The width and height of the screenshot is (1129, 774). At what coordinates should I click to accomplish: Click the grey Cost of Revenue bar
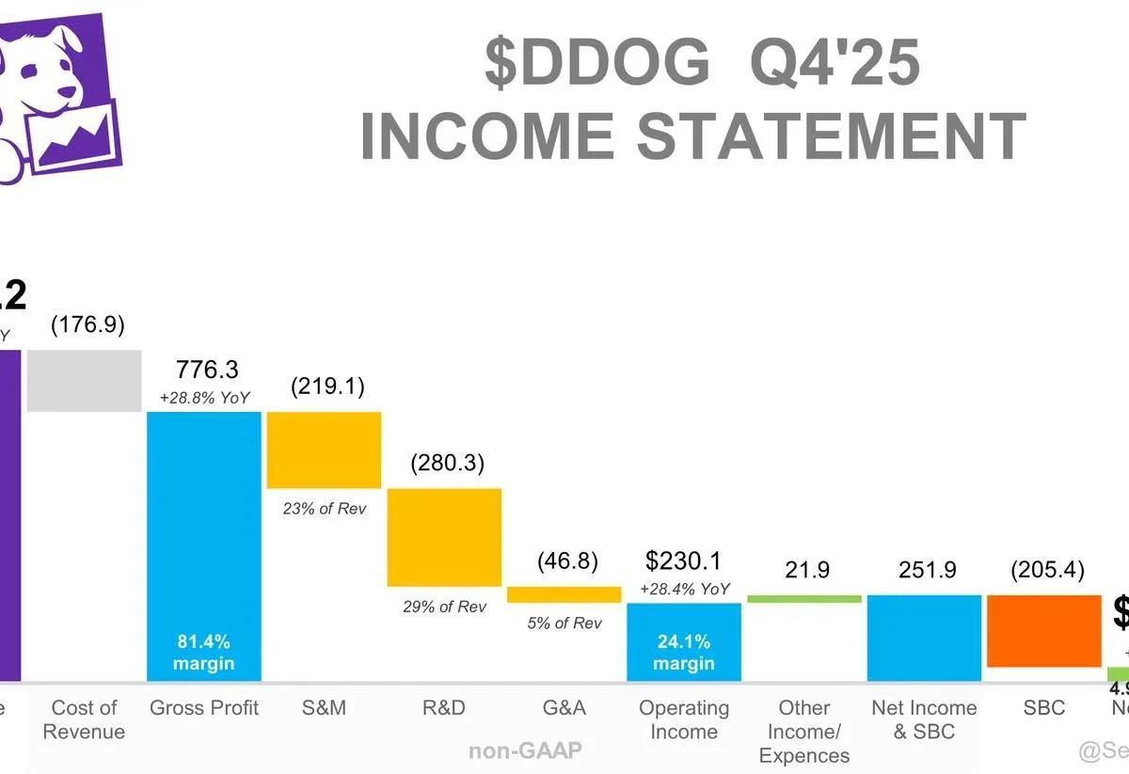pyautogui.click(x=84, y=381)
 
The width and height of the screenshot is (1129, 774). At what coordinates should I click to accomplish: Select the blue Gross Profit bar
pyautogui.click(x=204, y=545)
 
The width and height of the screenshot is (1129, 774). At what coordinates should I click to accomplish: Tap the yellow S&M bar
pyautogui.click(x=325, y=450)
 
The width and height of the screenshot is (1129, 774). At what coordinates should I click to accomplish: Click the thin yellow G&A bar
pyautogui.click(x=564, y=594)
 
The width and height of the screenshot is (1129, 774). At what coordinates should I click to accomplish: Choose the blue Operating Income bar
pyautogui.click(x=684, y=641)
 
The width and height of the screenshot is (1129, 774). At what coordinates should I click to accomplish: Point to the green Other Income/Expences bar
pyautogui.click(x=804, y=599)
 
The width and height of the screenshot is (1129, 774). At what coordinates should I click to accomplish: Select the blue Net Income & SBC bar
pyautogui.click(x=924, y=638)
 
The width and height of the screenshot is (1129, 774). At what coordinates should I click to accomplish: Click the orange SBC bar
pyautogui.click(x=1044, y=631)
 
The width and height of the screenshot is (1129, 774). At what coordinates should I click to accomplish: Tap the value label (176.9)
pyautogui.click(x=87, y=325)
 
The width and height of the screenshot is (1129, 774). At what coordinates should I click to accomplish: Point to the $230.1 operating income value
pyautogui.click(x=684, y=561)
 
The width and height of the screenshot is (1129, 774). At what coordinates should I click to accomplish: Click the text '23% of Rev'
pyautogui.click(x=325, y=509)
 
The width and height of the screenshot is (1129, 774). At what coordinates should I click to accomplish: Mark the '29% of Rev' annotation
pyautogui.click(x=445, y=607)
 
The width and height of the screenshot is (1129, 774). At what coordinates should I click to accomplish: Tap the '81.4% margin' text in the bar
pyautogui.click(x=204, y=653)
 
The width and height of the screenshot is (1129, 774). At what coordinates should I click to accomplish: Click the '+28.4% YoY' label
pyautogui.click(x=684, y=589)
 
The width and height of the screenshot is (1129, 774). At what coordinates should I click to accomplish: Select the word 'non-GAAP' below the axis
pyautogui.click(x=525, y=750)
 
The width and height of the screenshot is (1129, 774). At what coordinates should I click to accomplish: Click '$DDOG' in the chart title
pyautogui.click(x=597, y=64)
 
